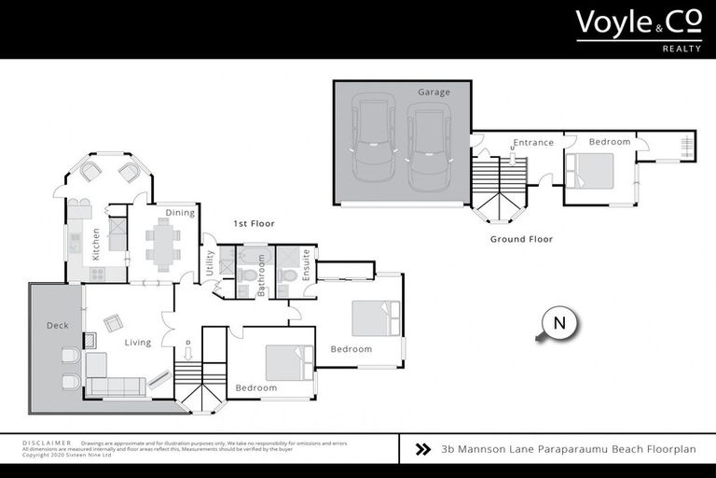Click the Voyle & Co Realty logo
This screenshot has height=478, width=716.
click(638, 29)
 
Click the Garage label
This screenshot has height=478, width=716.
click(434, 92)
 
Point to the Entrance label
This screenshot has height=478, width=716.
click(533, 143)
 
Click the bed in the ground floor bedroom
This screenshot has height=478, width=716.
click(590, 171)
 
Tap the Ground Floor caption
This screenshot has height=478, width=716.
click(521, 239)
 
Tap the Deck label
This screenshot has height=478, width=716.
click(58, 326)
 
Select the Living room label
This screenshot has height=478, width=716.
click(138, 343)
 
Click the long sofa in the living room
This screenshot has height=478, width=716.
click(116, 386)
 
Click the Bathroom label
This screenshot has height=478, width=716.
click(262, 275)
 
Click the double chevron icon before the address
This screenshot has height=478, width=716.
click(422, 449)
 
